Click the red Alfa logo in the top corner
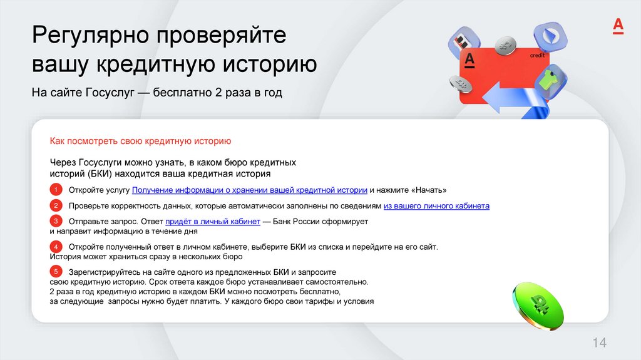point(617,26)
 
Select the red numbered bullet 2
point(56,206)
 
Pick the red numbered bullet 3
point(56,222)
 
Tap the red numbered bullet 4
point(56,247)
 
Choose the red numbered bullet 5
point(56,272)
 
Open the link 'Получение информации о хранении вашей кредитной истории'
point(249,190)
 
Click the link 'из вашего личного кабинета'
point(436,206)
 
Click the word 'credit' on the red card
point(537,56)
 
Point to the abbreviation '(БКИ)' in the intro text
point(95,173)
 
